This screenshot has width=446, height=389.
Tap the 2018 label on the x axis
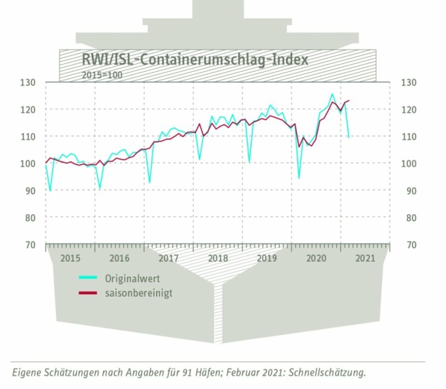coord(217,258)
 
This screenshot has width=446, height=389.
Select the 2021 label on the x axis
coord(364,258)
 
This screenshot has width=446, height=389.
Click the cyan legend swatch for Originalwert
coord(88,278)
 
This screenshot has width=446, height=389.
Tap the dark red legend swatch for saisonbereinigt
coord(88,293)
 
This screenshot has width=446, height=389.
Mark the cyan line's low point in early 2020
coord(299,178)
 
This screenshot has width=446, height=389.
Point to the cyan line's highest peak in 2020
coord(332,94)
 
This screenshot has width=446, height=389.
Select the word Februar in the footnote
coord(235,373)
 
